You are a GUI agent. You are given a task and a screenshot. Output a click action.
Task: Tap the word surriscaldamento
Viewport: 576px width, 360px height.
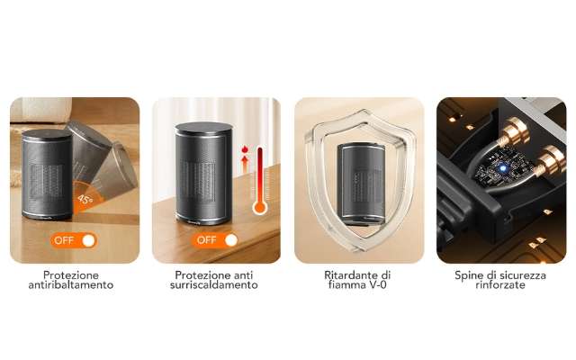(x=216, y=285)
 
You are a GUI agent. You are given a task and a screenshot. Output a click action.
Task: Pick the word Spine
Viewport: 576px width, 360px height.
(x=469, y=274)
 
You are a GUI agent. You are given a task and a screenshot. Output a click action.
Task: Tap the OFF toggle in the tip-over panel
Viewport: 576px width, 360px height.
(x=74, y=240)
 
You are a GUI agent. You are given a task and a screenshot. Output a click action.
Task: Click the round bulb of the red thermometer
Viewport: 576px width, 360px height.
(x=260, y=208)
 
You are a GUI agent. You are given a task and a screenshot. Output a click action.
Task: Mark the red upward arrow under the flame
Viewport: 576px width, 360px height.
(x=244, y=164)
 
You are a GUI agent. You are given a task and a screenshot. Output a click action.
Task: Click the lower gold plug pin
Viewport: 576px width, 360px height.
(x=547, y=163)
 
